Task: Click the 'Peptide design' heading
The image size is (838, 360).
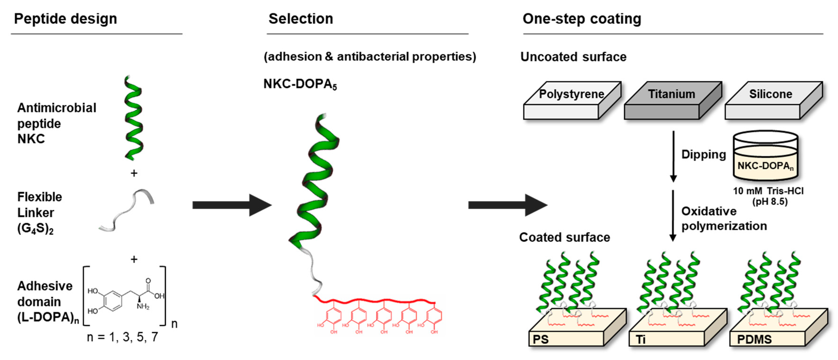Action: point(65,19)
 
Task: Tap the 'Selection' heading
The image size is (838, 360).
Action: point(301,19)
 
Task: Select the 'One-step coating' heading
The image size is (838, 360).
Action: point(582,19)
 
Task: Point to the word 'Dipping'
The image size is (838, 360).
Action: point(703,154)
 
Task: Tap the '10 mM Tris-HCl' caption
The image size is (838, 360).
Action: point(768,191)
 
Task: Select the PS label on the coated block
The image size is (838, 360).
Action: point(541,339)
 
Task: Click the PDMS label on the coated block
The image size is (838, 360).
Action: point(754,339)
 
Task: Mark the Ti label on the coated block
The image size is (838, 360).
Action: point(641,339)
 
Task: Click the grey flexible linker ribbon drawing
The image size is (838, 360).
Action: point(127,211)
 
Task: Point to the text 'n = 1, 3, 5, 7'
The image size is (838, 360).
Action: point(123,337)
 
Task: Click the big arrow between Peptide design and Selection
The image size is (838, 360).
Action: point(231,205)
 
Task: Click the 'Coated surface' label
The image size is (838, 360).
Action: point(564,237)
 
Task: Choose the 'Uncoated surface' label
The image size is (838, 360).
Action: point(573,57)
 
